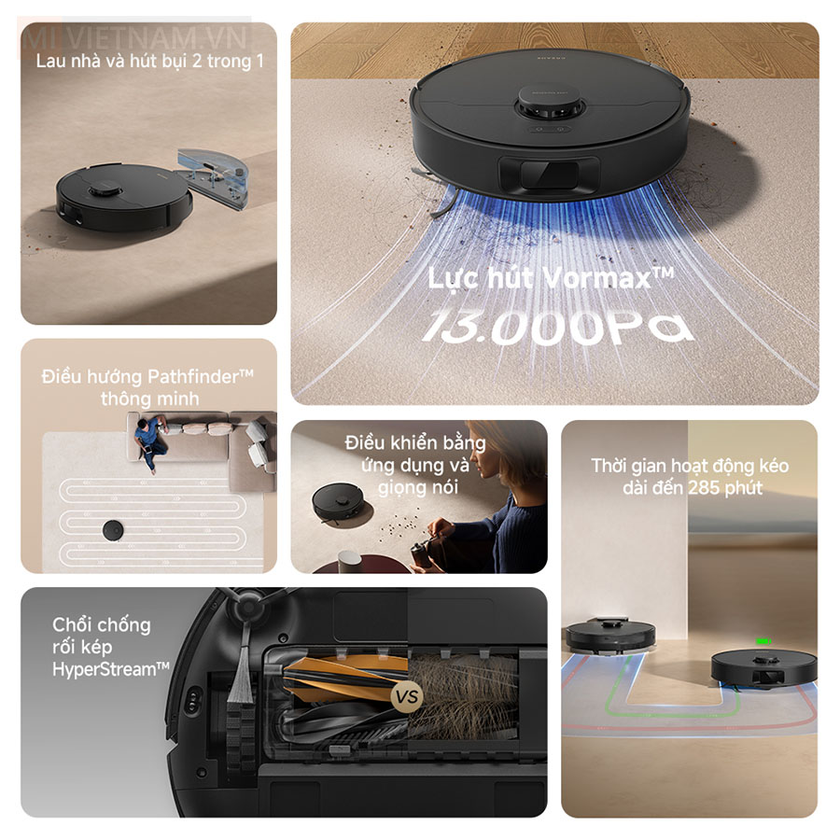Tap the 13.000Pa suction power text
(557, 326)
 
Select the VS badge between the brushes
(407, 696)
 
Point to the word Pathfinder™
(200, 376)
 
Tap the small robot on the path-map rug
(115, 529)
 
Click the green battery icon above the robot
(764, 642)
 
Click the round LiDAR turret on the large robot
(549, 111)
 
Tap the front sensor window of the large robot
(549, 175)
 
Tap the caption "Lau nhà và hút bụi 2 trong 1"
(149, 62)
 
